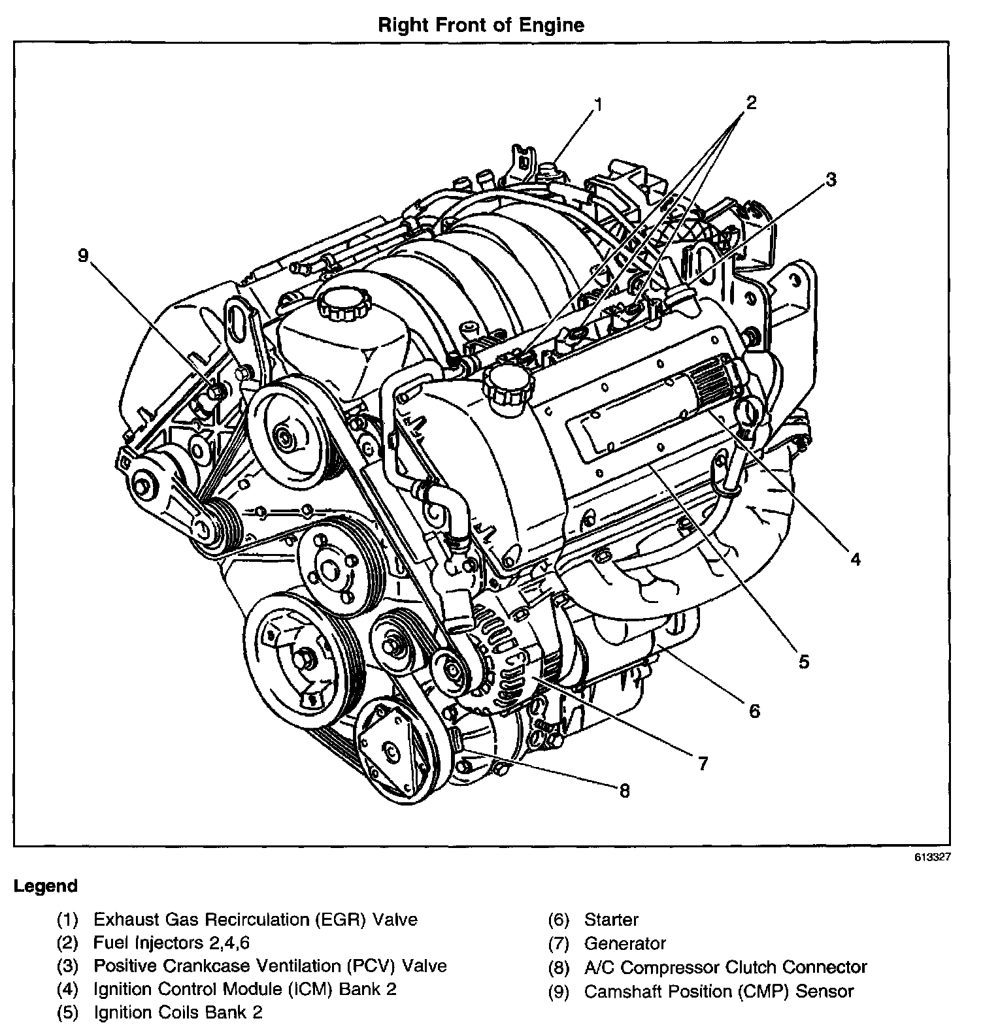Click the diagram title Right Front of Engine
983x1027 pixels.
coord(482,25)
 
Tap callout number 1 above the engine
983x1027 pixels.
coord(599,104)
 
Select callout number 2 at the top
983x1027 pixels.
coord(751,102)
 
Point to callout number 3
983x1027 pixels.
coord(830,179)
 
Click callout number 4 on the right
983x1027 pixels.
coord(855,559)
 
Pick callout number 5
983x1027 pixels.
coord(803,661)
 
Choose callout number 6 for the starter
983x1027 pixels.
coord(754,710)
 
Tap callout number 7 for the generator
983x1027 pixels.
coord(703,763)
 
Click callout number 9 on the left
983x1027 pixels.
coord(83,255)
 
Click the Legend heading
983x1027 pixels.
coord(46,886)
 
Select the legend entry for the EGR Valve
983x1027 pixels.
coord(255,920)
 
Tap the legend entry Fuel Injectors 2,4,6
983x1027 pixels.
coord(171,943)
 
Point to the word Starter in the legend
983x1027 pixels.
coord(611,920)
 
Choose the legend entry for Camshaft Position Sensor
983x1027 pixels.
coord(719,991)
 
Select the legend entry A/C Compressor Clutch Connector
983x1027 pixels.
coord(725,967)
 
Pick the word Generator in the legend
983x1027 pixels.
coord(625,943)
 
